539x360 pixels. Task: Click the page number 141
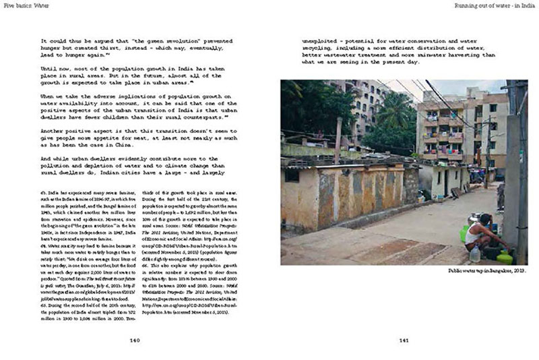click(x=404, y=340)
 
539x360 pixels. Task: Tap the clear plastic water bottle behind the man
click(x=475, y=253)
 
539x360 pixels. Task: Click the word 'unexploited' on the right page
click(x=322, y=40)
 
